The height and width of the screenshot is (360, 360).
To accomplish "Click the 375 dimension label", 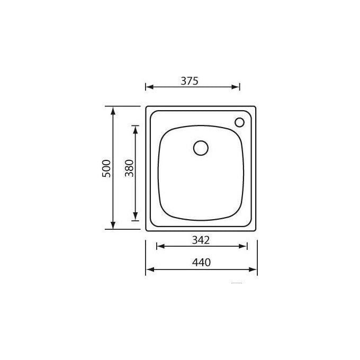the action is click(x=190, y=81).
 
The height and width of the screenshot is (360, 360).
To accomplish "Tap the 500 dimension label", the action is click(x=106, y=168).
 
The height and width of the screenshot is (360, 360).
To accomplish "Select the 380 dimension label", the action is click(x=129, y=168).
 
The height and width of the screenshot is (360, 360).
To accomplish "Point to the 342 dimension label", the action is click(x=201, y=240).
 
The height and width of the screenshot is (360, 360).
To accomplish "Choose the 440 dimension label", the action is click(x=201, y=263).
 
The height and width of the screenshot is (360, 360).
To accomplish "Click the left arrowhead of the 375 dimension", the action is click(x=150, y=87).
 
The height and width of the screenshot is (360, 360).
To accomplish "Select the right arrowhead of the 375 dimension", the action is click(x=236, y=87).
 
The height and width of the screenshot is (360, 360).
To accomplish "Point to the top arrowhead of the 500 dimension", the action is click(x=113, y=111).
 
